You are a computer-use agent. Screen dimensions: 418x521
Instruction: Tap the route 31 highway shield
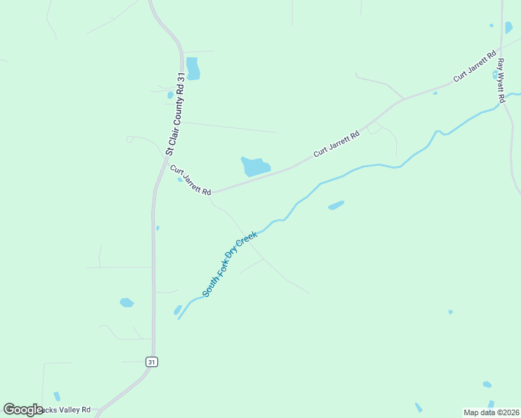point(152,362)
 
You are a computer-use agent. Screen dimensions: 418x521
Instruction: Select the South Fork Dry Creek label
point(230,265)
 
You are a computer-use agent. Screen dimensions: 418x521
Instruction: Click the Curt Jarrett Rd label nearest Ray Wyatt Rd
point(474,66)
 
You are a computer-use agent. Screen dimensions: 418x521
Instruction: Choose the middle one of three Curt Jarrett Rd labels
point(336,143)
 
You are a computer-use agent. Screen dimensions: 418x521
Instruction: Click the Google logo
point(23,410)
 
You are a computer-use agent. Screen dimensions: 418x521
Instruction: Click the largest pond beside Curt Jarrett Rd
point(255,167)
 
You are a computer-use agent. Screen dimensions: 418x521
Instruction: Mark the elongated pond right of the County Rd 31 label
point(193,68)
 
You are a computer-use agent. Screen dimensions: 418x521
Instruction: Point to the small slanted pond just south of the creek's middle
point(336,206)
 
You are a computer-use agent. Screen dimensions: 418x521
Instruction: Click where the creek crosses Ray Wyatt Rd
point(503,98)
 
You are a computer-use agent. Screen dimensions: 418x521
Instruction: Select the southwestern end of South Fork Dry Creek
point(179,318)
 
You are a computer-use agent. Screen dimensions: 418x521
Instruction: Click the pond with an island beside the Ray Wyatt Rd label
point(495,74)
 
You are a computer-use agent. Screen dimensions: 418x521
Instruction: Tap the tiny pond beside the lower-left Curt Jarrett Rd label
point(180,180)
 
